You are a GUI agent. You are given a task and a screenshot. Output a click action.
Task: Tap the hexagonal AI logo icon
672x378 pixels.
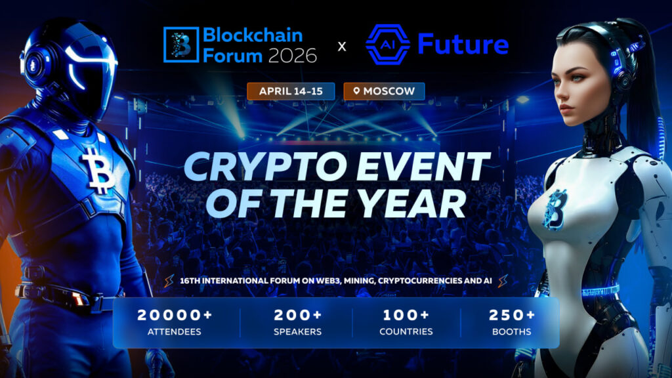387,45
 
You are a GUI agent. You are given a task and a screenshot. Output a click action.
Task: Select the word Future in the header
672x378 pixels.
463,45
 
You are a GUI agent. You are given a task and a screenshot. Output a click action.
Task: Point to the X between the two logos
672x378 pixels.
342,47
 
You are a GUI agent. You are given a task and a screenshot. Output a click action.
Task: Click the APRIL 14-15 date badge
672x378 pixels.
291,91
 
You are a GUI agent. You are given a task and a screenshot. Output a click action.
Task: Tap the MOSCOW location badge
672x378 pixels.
384,91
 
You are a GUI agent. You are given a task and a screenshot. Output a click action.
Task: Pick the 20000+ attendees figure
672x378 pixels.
175,315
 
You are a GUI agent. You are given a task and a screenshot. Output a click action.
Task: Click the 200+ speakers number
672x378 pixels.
297,315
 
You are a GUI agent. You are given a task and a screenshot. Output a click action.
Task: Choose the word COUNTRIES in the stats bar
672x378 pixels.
406,331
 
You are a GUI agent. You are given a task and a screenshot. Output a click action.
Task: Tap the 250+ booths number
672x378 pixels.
512,315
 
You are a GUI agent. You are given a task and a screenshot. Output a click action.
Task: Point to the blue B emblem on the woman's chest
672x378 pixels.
555,209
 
